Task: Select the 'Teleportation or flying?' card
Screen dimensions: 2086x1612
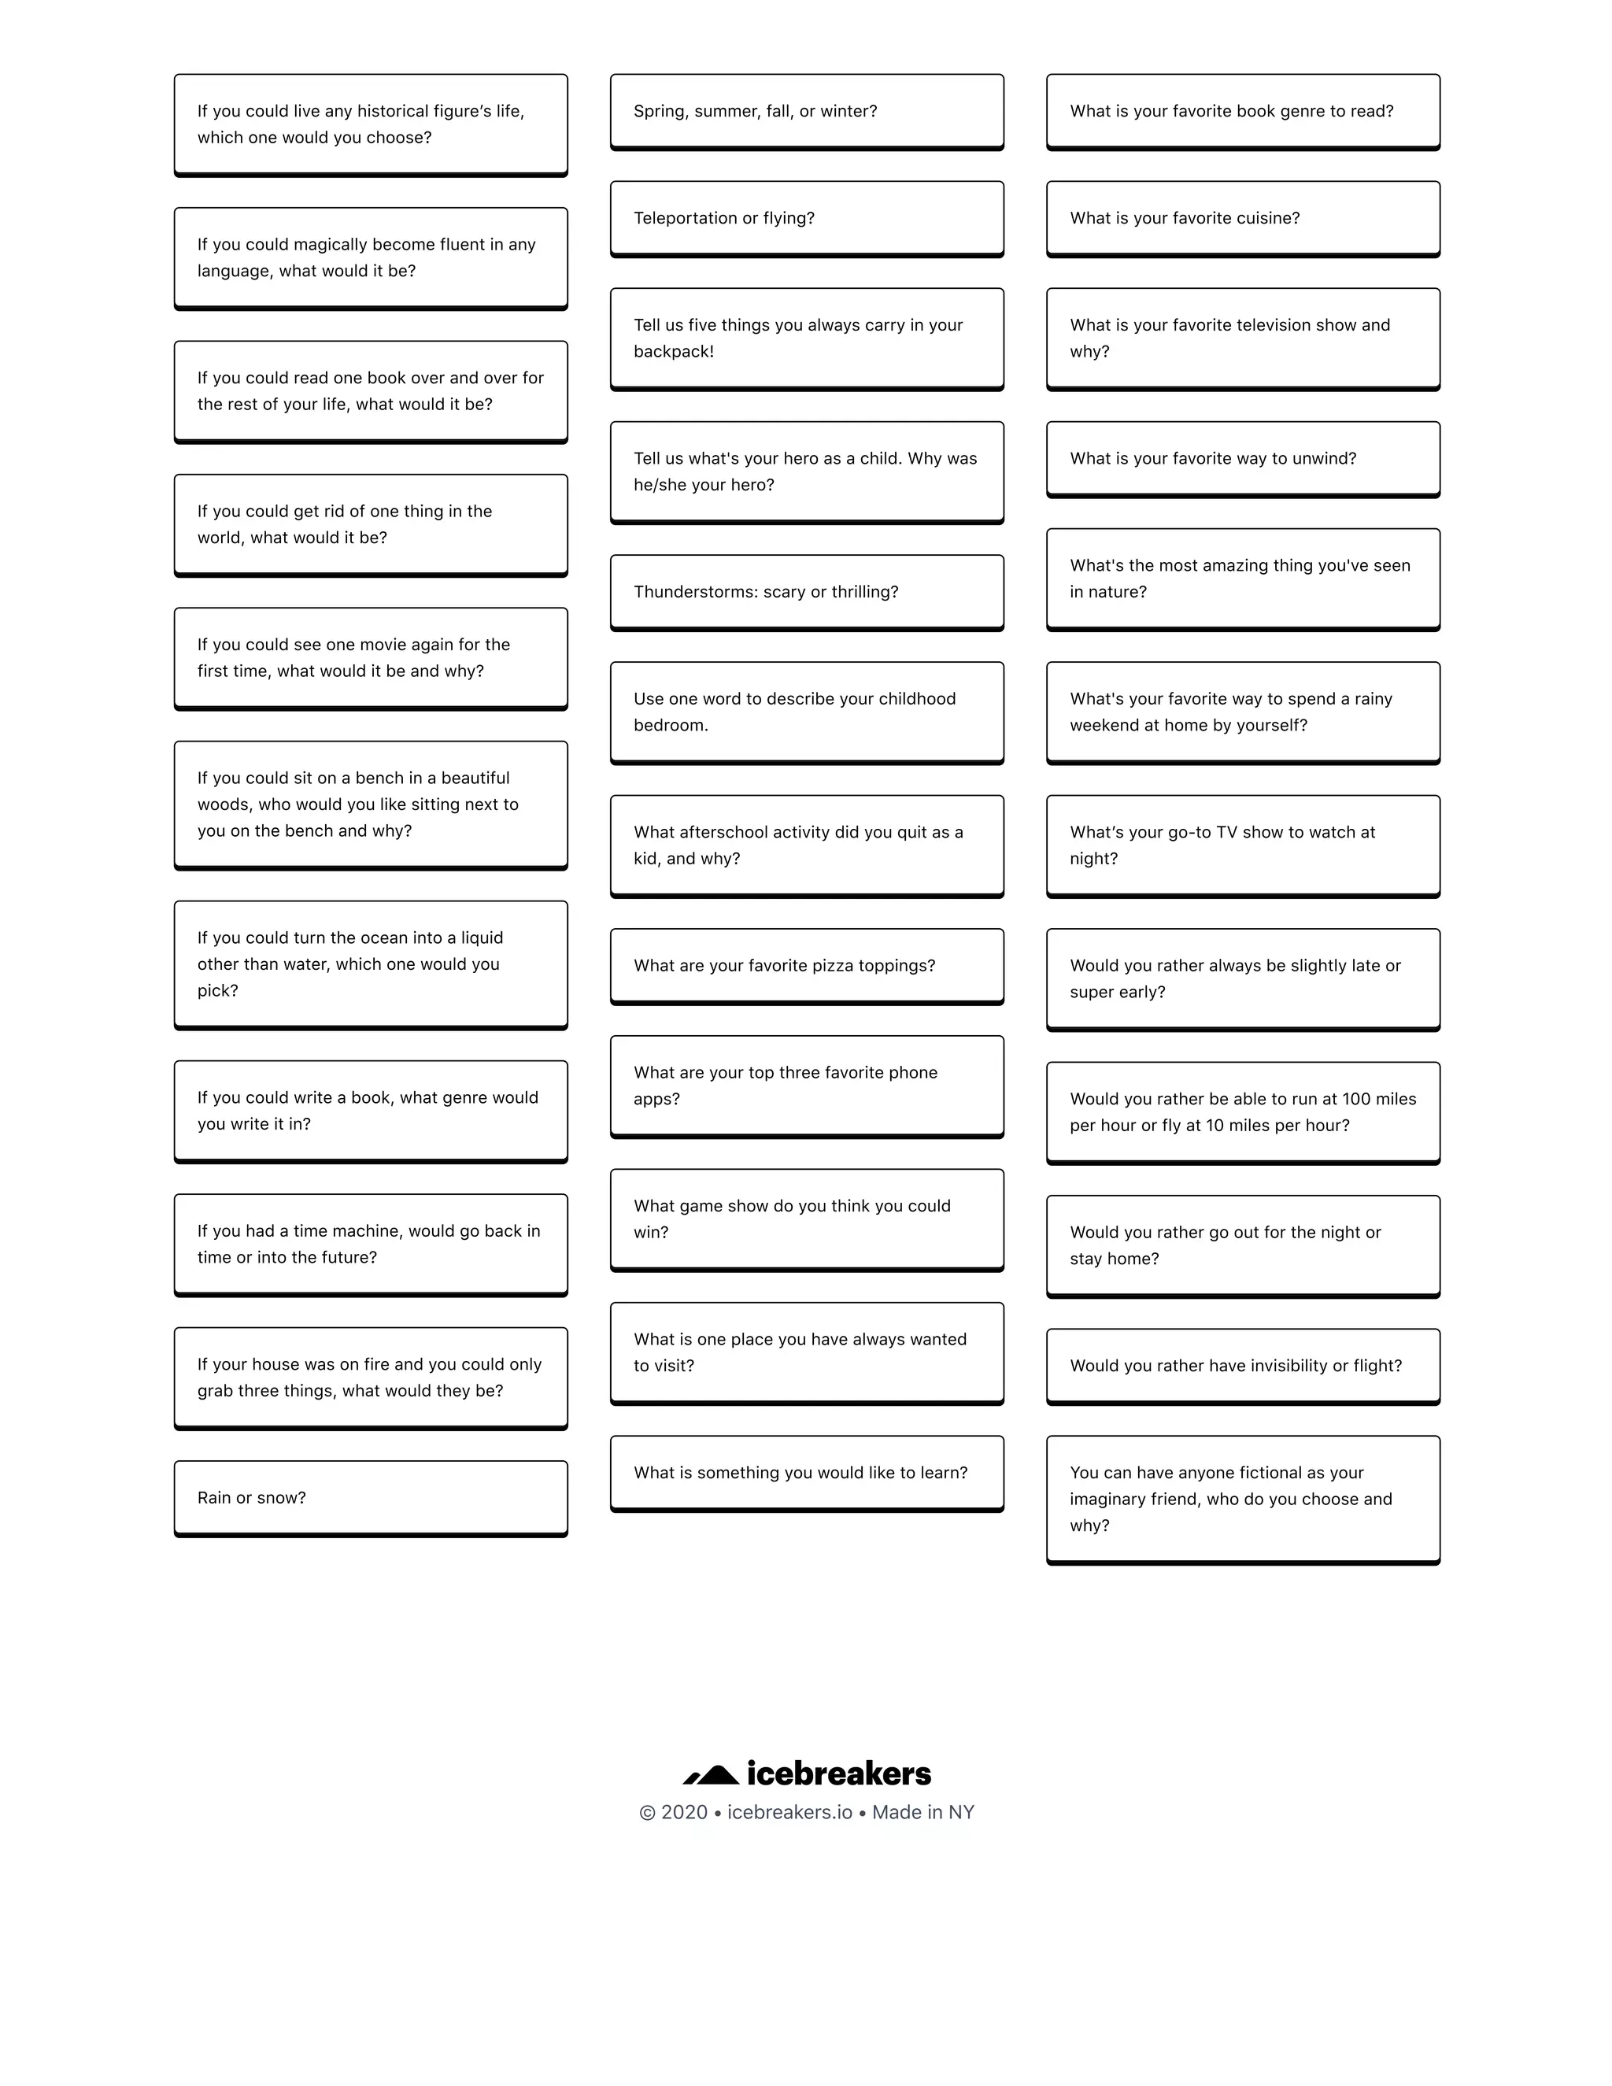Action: pyautogui.click(x=807, y=218)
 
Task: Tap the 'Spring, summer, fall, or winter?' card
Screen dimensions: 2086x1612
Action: pyautogui.click(x=807, y=111)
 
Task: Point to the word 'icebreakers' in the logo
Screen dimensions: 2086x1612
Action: pyautogui.click(x=838, y=1773)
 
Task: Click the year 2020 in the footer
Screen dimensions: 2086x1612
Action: pyautogui.click(x=684, y=1812)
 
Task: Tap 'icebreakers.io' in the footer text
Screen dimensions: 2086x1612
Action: pyautogui.click(x=789, y=1812)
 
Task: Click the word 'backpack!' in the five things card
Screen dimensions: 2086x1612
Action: pyautogui.click(x=673, y=352)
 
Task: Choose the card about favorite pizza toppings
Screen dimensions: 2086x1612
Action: pyautogui.click(x=807, y=966)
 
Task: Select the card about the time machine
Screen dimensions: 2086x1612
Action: pyautogui.click(x=371, y=1244)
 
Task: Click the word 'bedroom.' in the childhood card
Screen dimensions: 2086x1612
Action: pyautogui.click(x=671, y=725)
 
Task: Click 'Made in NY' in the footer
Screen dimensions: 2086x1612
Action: pyautogui.click(x=922, y=1812)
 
